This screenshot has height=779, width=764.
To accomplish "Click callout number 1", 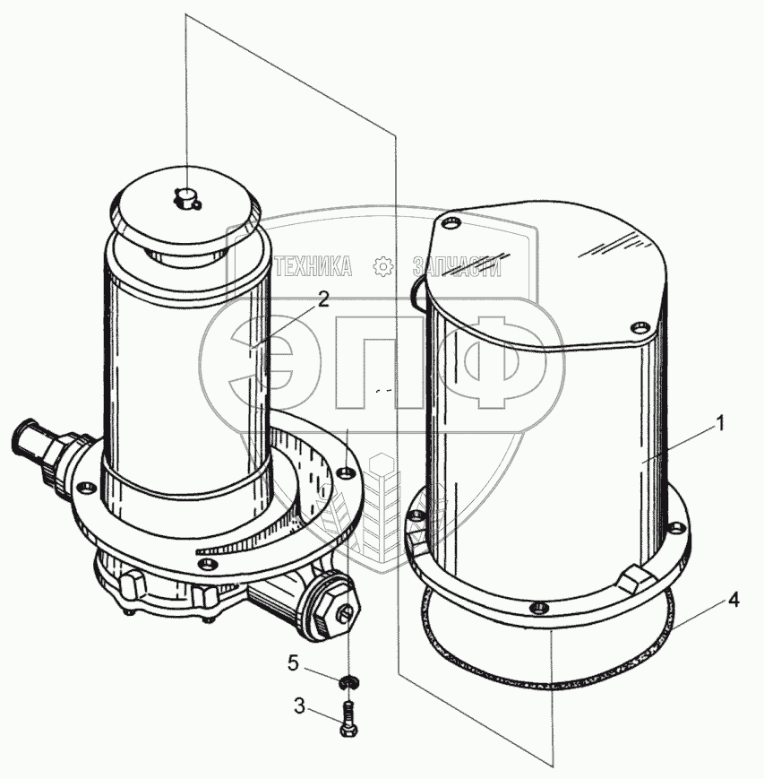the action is coord(719,424).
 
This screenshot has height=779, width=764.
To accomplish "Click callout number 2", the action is coord(323,299).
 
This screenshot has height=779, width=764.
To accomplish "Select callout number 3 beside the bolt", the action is coord(299,706).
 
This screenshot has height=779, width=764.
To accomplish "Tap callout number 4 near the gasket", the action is coord(734,600).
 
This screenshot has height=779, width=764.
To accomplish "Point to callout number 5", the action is coord(294,662).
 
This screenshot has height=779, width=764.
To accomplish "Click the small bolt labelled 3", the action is coord(349,716).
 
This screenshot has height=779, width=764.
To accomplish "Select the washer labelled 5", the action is coord(350,682).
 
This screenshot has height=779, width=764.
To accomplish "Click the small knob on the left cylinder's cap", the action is coord(186,198).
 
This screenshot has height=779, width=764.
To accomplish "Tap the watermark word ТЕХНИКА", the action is coord(313,267).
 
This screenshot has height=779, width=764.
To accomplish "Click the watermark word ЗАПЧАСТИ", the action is coord(457,267).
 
